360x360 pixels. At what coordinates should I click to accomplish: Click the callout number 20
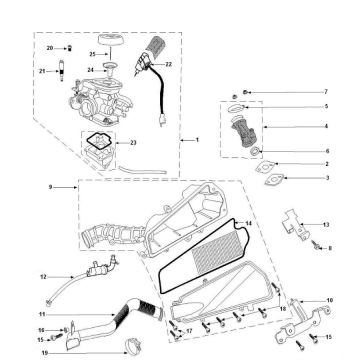pos(50,48)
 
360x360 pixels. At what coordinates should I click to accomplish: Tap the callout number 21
pos(42,71)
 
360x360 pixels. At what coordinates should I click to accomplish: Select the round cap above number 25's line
pos(112,42)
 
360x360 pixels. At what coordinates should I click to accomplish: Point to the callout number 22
pos(169,64)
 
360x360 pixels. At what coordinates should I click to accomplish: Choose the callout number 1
pos(197,140)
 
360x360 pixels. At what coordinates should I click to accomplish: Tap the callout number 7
pos(326,92)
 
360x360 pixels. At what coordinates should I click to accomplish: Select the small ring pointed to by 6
pos(255,151)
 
